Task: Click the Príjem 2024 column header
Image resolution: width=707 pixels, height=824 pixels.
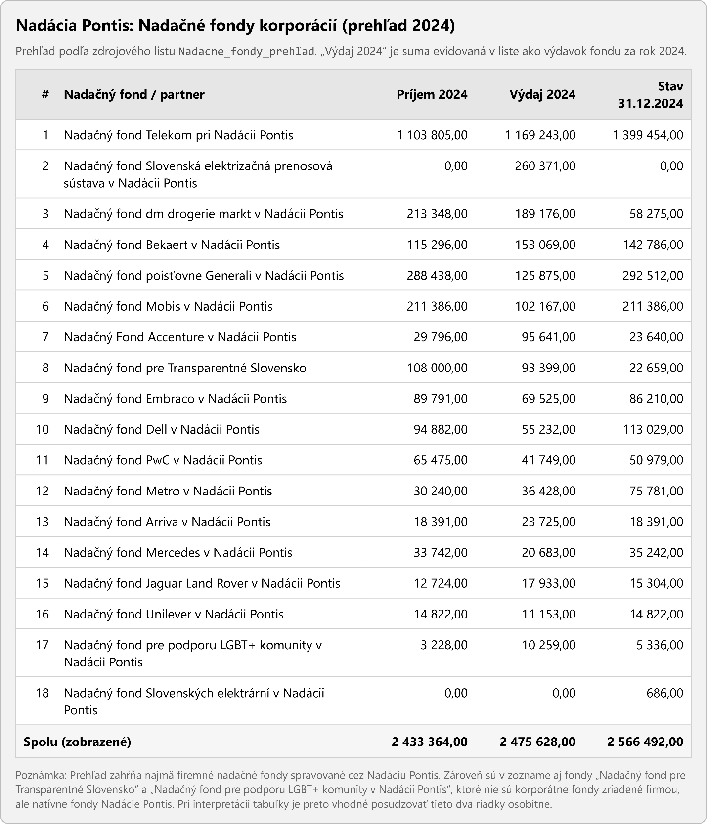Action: (x=432, y=94)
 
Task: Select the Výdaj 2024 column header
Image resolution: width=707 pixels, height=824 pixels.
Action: (x=542, y=94)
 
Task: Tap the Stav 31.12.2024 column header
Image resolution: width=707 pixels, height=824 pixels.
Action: (x=651, y=94)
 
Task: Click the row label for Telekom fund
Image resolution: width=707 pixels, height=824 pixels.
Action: (x=178, y=135)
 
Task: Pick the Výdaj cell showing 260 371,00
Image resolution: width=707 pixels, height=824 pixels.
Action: (x=545, y=166)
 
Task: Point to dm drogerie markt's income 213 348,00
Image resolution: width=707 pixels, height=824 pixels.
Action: (x=437, y=214)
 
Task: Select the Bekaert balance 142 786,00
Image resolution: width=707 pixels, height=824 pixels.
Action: (x=653, y=245)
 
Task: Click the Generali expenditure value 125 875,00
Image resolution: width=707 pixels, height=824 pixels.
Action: (x=545, y=275)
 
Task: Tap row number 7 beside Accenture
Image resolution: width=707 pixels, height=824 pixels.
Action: (x=45, y=337)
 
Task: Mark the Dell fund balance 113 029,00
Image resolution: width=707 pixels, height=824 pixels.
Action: (x=653, y=429)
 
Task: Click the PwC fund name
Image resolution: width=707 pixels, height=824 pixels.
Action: (x=163, y=460)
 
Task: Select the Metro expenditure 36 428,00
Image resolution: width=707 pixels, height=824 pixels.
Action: (x=548, y=491)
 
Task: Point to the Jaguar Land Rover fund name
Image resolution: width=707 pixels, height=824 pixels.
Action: (x=202, y=583)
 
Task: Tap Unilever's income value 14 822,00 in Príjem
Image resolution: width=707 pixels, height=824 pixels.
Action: (x=441, y=614)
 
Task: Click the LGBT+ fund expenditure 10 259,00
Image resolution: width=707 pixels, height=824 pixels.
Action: (x=548, y=645)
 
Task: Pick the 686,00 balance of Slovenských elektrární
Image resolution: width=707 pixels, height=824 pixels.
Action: (x=664, y=693)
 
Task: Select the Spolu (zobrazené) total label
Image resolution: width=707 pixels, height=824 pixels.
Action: (x=77, y=742)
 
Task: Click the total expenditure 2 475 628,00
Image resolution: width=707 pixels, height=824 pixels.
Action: (x=537, y=742)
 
